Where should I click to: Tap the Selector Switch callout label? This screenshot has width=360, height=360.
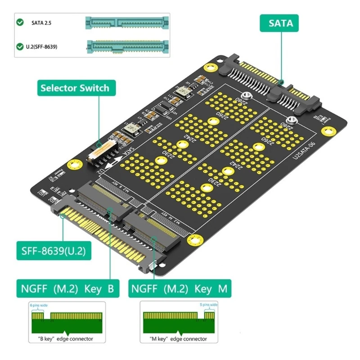click(x=75, y=88)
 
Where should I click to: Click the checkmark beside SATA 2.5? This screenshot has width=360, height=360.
click(x=20, y=22)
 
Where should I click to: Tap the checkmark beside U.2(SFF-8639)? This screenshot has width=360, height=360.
click(x=20, y=46)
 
